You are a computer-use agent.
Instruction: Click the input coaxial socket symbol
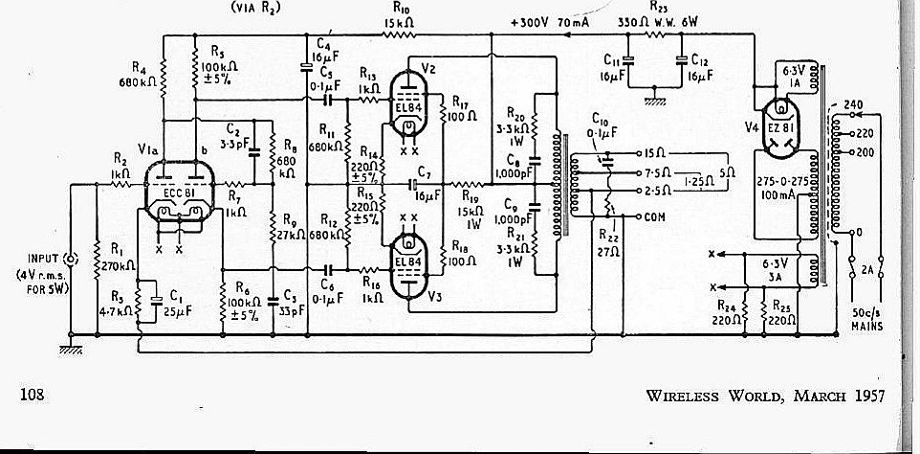70,260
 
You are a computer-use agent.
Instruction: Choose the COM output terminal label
658,216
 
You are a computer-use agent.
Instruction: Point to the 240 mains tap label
853,103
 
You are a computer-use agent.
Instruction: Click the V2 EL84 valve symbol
409,105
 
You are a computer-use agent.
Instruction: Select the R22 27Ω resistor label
604,241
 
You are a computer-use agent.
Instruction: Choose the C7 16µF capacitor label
427,182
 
